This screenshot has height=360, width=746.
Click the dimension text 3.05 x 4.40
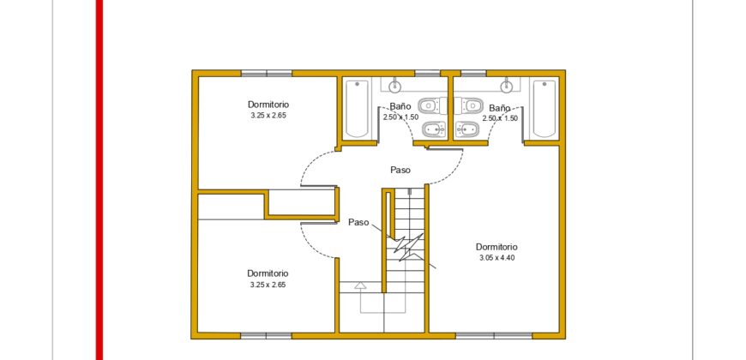pos(496,258)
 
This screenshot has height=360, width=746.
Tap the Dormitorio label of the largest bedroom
pos(496,248)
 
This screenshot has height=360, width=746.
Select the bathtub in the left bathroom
pos(356,109)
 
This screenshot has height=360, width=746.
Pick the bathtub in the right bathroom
pos(544,109)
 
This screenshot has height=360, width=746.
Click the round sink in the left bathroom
pos(394,86)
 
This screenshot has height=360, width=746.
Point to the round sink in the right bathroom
pos(506,86)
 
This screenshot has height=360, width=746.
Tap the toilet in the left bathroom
pos(431,105)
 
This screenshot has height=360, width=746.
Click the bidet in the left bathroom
pos(433,129)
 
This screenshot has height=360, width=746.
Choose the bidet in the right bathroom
pos(466,129)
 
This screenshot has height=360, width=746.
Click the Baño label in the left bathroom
pos(400,107)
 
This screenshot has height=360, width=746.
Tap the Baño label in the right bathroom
pos(500,108)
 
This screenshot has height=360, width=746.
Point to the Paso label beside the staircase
pos(358,222)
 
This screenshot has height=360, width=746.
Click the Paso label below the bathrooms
pos(400,170)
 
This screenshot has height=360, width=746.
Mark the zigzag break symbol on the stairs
pos(406,246)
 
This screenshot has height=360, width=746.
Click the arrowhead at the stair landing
pos(360,285)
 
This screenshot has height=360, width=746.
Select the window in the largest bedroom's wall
pos(494,336)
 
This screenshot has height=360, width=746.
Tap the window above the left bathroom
pos(427,73)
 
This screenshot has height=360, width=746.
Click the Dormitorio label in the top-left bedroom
pos(268,105)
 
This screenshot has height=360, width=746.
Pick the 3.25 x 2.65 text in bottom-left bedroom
pos(268,285)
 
